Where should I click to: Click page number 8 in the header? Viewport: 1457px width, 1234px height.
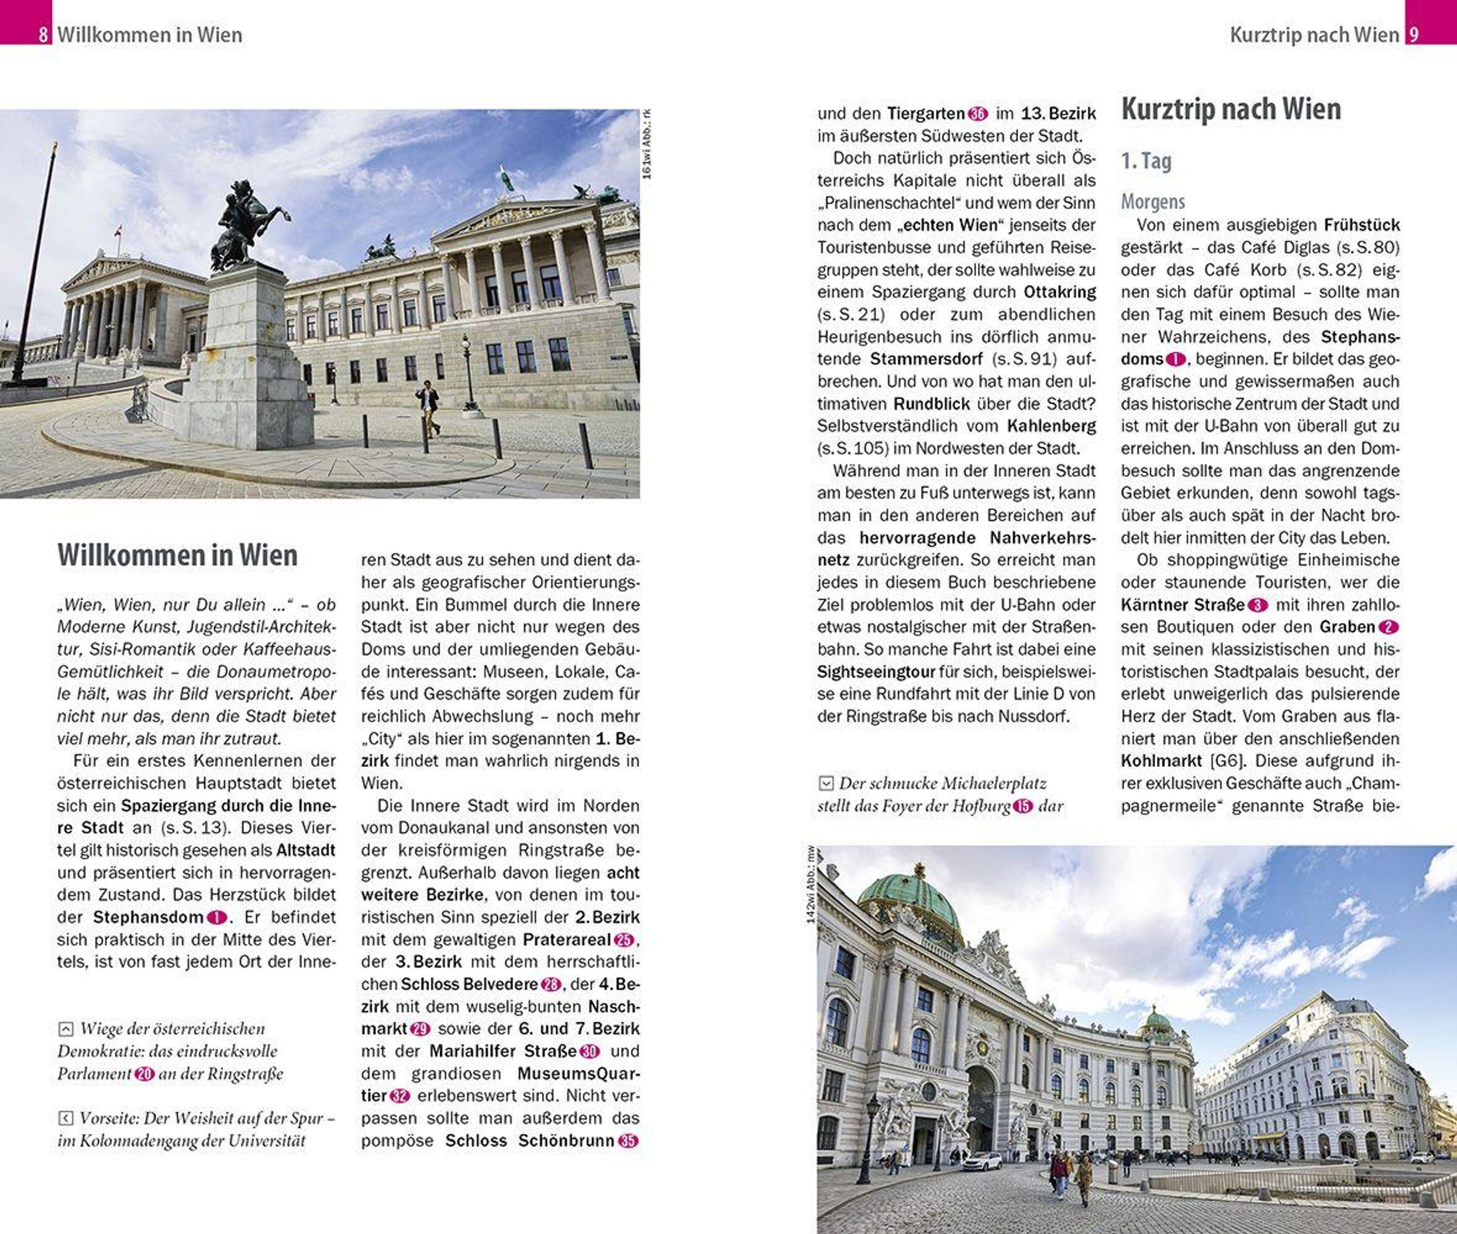coord(43,34)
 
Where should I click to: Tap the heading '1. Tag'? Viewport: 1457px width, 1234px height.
coord(1146,161)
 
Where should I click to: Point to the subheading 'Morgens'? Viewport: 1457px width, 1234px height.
coord(1153,201)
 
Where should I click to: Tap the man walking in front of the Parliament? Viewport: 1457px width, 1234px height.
coord(428,408)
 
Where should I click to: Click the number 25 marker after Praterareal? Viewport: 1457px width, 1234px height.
coord(623,940)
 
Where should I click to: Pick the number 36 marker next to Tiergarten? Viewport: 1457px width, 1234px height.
coord(977,113)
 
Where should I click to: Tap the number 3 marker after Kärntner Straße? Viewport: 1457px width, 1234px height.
coord(1258,605)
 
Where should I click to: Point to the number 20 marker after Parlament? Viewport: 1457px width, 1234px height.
coord(144,1074)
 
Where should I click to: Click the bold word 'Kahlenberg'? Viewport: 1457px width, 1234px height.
coord(1051,426)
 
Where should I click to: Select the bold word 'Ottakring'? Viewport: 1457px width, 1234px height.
coord(1059,292)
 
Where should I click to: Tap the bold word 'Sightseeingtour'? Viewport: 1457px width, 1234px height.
coord(876,672)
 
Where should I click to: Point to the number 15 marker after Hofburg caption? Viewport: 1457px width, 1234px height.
coord(1022,806)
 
